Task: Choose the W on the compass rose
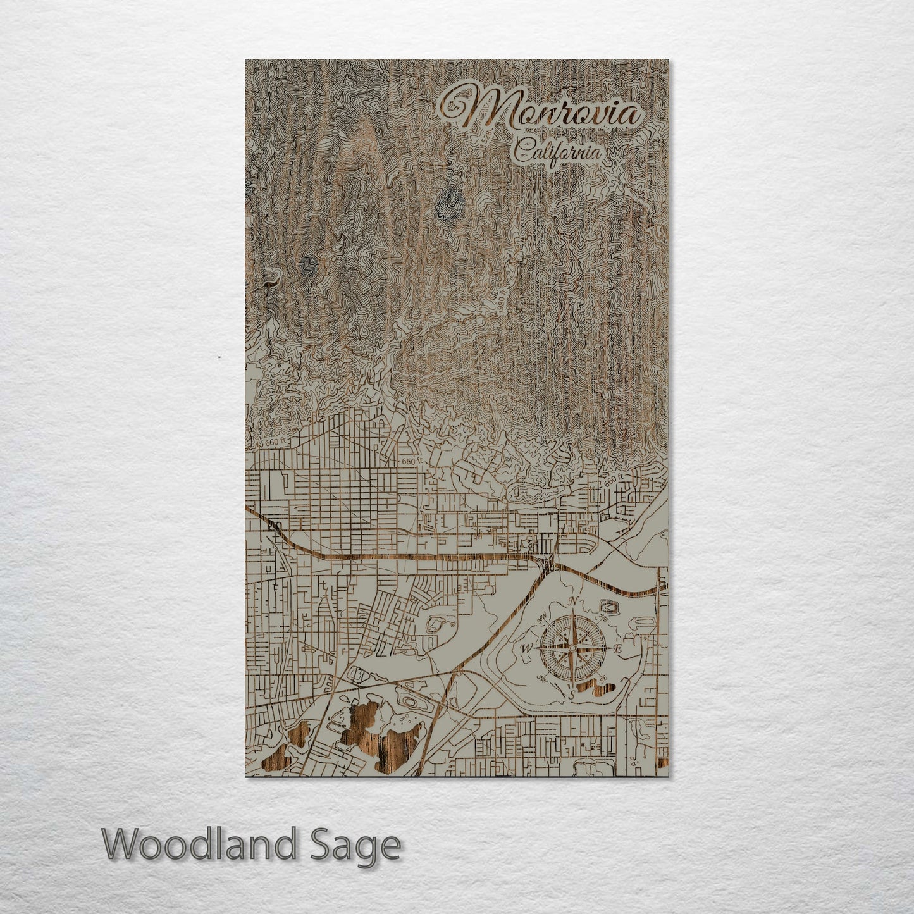click(526, 648)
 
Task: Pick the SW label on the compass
click(542, 679)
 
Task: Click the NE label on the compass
click(602, 618)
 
